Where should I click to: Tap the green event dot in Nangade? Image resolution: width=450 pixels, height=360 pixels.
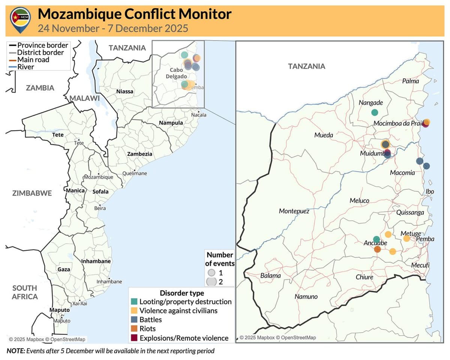click(x=374, y=112)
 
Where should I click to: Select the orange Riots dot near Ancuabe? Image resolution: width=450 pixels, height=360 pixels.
click(x=377, y=249)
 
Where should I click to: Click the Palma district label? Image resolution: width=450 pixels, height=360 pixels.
click(x=411, y=81)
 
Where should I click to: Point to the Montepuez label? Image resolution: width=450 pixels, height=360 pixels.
click(x=294, y=211)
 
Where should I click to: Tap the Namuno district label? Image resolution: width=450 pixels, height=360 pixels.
click(x=306, y=297)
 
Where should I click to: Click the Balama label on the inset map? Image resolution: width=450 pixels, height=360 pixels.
click(x=270, y=276)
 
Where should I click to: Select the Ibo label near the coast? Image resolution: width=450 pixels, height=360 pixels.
click(x=430, y=192)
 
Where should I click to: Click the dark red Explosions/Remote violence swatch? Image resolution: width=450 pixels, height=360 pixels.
click(x=134, y=338)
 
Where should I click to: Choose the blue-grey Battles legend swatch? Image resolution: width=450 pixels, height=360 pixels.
click(x=134, y=320)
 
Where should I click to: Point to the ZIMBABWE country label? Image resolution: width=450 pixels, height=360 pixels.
click(x=32, y=193)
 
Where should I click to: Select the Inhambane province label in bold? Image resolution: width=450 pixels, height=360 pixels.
click(x=96, y=261)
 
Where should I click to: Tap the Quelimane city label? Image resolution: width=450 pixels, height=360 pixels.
click(x=135, y=174)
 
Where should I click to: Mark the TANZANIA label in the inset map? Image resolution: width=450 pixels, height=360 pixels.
click(x=306, y=66)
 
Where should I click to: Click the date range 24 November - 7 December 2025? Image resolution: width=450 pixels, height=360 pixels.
click(x=113, y=28)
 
